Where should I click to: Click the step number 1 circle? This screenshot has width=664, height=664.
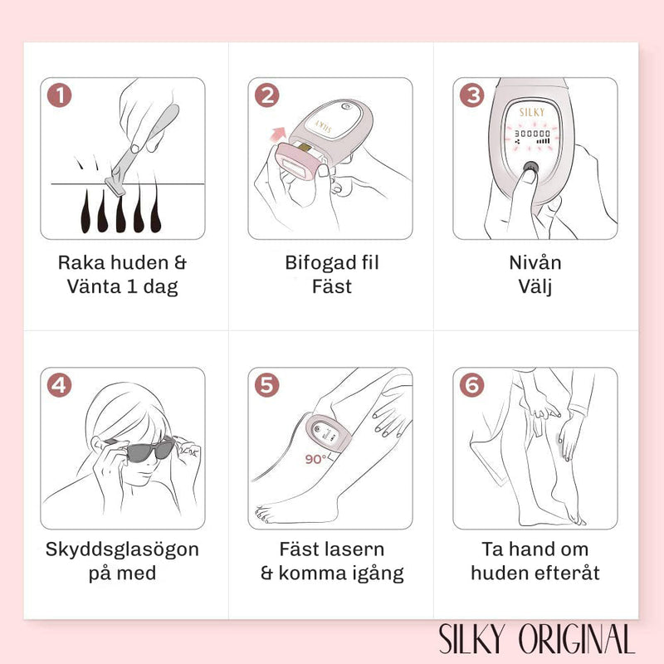tap(59, 95)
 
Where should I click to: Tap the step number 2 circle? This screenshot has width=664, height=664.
tap(266, 95)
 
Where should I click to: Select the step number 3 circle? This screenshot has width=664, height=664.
tap(471, 95)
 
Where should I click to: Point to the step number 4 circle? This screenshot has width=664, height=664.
tap(59, 385)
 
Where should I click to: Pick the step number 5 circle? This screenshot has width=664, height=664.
tap(266, 385)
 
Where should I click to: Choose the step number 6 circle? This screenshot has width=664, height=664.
tap(471, 385)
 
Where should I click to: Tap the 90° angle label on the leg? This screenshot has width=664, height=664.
tap(316, 459)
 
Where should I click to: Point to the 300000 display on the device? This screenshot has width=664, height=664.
tap(532, 134)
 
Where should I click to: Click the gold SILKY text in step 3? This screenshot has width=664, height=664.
tap(532, 112)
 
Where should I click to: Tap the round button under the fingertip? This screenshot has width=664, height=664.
tap(530, 168)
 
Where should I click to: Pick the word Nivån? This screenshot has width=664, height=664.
tap(535, 262)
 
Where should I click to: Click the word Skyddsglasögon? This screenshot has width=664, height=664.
tap(122, 549)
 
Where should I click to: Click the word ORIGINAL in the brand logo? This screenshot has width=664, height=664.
tap(577, 639)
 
